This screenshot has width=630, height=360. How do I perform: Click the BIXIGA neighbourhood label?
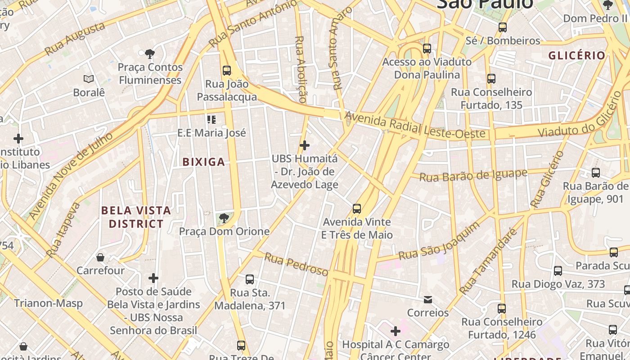click(203, 162)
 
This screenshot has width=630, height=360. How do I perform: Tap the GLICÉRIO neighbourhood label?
click(577, 55)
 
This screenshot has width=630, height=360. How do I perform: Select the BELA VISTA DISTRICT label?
click(136, 217)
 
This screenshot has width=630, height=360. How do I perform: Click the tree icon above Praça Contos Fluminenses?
click(150, 54)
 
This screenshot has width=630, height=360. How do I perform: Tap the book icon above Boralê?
click(89, 79)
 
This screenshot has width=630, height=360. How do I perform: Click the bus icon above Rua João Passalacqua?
click(227, 71)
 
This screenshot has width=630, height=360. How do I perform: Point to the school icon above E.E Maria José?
click(211, 120)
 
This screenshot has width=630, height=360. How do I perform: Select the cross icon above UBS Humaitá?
click(305, 145)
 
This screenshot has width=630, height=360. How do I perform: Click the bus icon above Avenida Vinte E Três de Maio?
click(357, 209)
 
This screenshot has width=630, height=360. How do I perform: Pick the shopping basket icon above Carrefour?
click(100, 257)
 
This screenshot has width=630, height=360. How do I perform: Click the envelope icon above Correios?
click(428, 299)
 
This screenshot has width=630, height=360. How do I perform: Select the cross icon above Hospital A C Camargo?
click(396, 332)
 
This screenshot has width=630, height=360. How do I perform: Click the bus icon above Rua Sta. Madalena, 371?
click(250, 279)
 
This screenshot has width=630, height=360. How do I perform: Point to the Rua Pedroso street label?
click(296, 264)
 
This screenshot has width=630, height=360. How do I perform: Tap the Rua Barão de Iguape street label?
click(473, 175)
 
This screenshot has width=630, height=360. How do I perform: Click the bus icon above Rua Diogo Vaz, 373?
click(558, 271)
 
